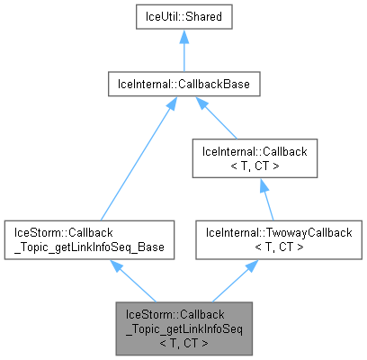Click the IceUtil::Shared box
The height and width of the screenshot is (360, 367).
coord(183,17)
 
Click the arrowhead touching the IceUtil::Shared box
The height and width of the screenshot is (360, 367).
coord(183,37)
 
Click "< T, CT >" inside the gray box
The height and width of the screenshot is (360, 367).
coord(183,342)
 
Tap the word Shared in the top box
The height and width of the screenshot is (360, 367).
coord(203,17)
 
